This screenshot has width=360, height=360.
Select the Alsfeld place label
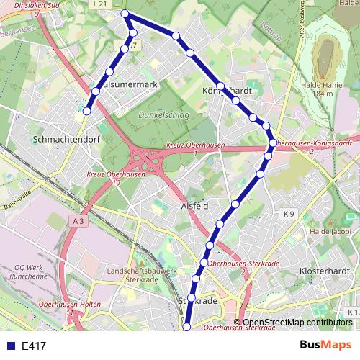[x=194, y=206]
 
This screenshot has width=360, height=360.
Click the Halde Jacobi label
[x=330, y=231]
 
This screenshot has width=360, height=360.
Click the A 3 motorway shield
[x=78, y=222]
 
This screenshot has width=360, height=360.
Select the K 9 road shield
[x=289, y=213]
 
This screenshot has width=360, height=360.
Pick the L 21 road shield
[x=100, y=4]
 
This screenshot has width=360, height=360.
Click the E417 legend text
[x=34, y=346]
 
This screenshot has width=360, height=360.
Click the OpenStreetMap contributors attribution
[x=297, y=323]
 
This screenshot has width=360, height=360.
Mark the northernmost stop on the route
[x=125, y=14]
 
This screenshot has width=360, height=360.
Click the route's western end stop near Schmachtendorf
[x=86, y=111]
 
